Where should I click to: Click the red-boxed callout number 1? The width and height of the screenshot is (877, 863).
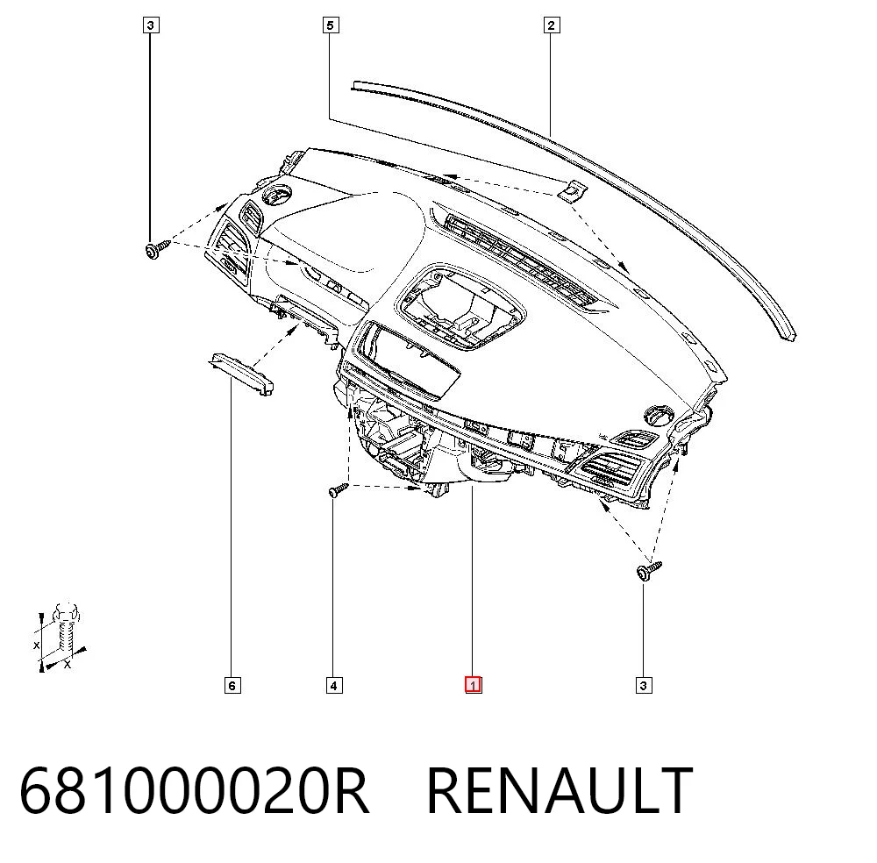(x=473, y=685)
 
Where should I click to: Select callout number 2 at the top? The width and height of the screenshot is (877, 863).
(x=552, y=25)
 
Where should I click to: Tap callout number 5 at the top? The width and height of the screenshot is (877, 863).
(x=331, y=25)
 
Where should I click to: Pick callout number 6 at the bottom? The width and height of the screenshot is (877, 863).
(x=232, y=685)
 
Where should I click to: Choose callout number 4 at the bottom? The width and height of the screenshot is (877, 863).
(x=334, y=685)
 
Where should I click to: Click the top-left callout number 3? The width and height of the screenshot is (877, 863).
(x=151, y=25)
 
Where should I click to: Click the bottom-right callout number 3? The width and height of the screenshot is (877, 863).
(x=644, y=685)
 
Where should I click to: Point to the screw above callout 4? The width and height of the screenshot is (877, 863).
(x=338, y=490)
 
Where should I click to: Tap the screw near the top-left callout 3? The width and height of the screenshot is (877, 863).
(x=157, y=248)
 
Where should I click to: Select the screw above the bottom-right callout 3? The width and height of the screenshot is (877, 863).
(x=649, y=570)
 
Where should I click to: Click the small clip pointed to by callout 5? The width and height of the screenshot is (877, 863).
(x=573, y=191)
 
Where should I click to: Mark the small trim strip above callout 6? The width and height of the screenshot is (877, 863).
(x=242, y=374)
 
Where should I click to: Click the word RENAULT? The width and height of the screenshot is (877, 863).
(x=560, y=790)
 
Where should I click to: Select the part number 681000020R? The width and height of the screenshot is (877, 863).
(x=194, y=790)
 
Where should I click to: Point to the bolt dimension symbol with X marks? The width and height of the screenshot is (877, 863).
(x=61, y=637)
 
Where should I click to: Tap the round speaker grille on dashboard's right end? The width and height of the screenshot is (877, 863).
(x=661, y=416)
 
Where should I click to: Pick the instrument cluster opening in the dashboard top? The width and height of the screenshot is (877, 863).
(x=460, y=307)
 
